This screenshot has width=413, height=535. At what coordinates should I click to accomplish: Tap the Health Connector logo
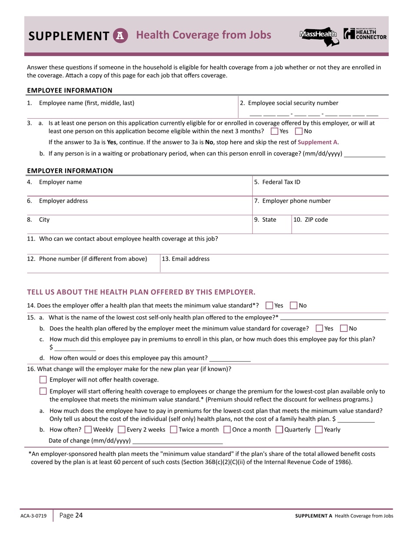click(x=365, y=34)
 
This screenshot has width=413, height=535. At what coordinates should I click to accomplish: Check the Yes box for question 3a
click(x=274, y=131)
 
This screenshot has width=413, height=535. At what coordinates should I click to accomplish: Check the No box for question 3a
click(x=299, y=131)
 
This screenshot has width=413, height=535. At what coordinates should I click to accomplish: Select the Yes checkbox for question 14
click(x=269, y=305)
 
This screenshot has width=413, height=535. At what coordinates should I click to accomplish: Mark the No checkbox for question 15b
click(x=344, y=328)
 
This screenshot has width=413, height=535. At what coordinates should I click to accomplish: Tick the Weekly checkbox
click(x=88, y=430)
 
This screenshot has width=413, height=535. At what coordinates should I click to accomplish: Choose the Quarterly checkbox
click(x=279, y=430)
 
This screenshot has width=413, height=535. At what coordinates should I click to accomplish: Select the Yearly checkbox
click(x=319, y=430)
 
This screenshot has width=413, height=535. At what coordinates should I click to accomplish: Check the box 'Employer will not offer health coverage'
click(x=43, y=380)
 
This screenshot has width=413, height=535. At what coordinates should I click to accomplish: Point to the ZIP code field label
click(x=311, y=220)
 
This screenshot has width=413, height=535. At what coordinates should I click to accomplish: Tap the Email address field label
click(x=186, y=259)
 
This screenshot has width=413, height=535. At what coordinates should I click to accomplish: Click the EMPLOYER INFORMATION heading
click(x=70, y=171)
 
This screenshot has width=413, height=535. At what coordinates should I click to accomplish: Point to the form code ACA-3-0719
click(x=33, y=516)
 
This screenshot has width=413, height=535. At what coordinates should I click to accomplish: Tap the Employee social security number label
click(x=289, y=103)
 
